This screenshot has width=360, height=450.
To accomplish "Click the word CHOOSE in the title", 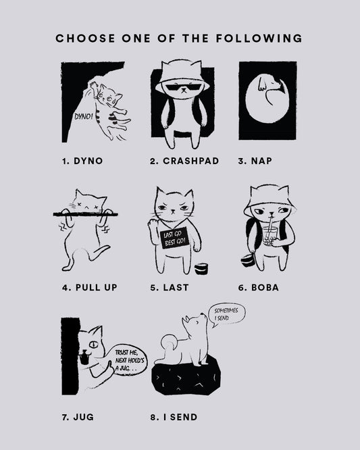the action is [x=85, y=39].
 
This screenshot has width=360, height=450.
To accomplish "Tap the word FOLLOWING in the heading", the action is [x=259, y=39].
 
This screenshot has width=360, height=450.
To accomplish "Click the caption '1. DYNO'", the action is [x=82, y=161].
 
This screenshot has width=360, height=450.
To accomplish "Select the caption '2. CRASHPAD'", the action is [x=184, y=161].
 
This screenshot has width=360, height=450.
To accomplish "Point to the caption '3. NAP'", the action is [x=255, y=161].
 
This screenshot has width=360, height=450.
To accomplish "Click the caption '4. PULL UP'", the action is [x=90, y=288].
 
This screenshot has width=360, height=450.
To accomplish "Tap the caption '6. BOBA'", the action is [x=259, y=288].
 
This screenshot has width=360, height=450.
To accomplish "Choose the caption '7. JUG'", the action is [x=78, y=417].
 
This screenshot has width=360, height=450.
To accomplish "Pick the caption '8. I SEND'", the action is [x=174, y=417].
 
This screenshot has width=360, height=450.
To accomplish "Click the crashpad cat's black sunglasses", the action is [x=182, y=87].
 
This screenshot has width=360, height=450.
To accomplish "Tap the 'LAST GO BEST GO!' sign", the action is [x=174, y=238].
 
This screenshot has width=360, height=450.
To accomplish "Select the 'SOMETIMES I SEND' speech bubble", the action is [x=228, y=315].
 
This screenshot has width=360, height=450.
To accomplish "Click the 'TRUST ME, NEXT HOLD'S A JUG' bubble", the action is [x=128, y=360].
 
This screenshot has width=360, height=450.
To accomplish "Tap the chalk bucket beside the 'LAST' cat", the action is [x=201, y=269].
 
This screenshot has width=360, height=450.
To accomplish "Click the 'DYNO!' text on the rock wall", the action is [x=84, y=116].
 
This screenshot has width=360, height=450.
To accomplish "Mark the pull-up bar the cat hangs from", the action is [x=86, y=214].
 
